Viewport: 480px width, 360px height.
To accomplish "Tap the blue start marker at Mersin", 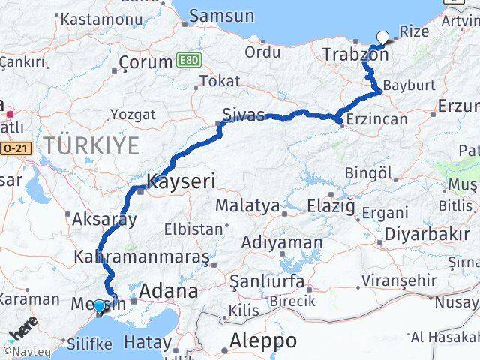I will pyautogui.click(x=99, y=306).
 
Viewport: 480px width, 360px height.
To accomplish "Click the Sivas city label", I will pyautogui.click(x=243, y=115).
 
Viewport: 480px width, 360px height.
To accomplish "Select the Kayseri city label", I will pyautogui.click(x=181, y=181).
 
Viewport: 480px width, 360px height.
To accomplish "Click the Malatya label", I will pyautogui.click(x=247, y=205).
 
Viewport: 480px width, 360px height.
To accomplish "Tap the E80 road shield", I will pyautogui.click(x=188, y=58).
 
